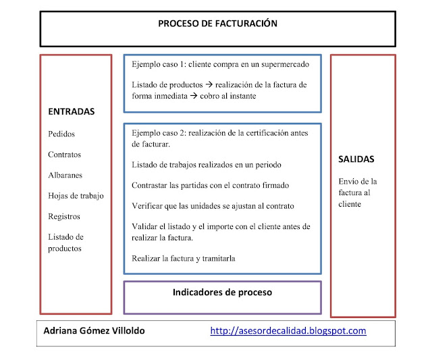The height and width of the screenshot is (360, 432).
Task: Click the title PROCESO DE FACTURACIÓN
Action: point(217,24)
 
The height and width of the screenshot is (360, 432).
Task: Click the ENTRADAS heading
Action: point(72,111)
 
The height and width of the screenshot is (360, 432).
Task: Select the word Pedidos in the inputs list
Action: point(62,134)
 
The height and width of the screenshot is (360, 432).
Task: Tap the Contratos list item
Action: point(65,155)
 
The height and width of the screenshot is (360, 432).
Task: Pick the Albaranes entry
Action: point(65,175)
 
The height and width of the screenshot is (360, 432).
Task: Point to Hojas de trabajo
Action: point(76,196)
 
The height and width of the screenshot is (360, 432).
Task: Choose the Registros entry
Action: point(64,217)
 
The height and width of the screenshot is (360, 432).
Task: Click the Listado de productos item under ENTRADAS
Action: point(65,242)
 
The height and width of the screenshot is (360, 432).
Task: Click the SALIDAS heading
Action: point(356,159)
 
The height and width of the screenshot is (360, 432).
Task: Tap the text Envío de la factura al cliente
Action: point(358,192)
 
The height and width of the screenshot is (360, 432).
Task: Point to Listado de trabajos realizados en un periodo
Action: point(207,165)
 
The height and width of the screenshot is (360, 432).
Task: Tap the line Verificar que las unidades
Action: point(213,205)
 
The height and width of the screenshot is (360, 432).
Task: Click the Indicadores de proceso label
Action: point(222,292)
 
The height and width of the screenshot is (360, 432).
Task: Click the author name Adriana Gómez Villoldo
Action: point(94,331)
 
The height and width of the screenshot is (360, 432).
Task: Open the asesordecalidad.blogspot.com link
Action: point(288,331)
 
